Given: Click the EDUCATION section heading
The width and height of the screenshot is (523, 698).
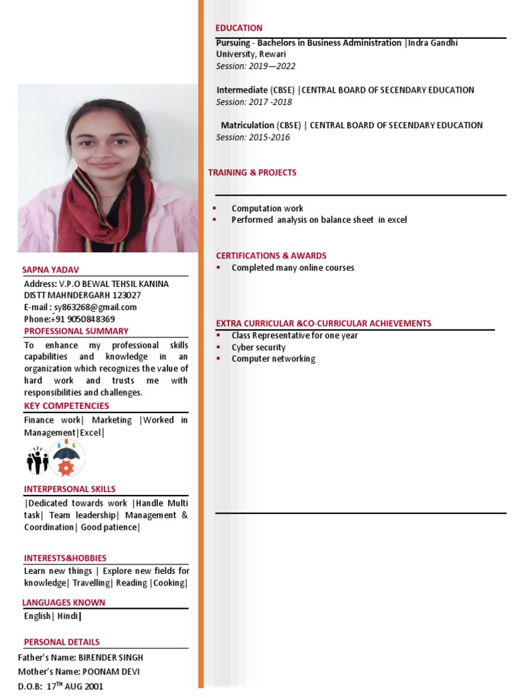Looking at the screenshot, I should click(x=239, y=28).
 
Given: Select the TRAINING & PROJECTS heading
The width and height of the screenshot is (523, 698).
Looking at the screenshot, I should click(x=252, y=172).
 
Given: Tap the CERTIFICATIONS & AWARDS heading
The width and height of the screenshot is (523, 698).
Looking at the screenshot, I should click(x=271, y=256).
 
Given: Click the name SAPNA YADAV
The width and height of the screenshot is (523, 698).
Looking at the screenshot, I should click(x=52, y=270).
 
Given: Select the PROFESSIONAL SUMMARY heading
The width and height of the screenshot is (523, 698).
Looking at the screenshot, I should click(x=76, y=331).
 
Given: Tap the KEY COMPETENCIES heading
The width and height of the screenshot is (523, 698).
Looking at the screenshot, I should click(x=66, y=406).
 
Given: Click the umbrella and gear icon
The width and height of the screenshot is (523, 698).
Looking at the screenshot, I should click(x=66, y=457).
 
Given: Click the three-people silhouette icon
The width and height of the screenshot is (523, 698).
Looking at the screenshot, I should click(x=37, y=460).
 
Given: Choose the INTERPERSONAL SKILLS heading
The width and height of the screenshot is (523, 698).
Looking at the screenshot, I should click(x=69, y=489).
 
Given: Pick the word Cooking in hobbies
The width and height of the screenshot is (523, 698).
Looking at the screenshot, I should click(x=170, y=583).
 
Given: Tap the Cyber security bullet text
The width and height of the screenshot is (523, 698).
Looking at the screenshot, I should click(x=258, y=348).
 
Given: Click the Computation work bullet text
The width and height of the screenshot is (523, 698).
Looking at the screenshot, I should click(x=267, y=209).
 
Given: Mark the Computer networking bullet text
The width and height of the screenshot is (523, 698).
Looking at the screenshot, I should click(x=273, y=359).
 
